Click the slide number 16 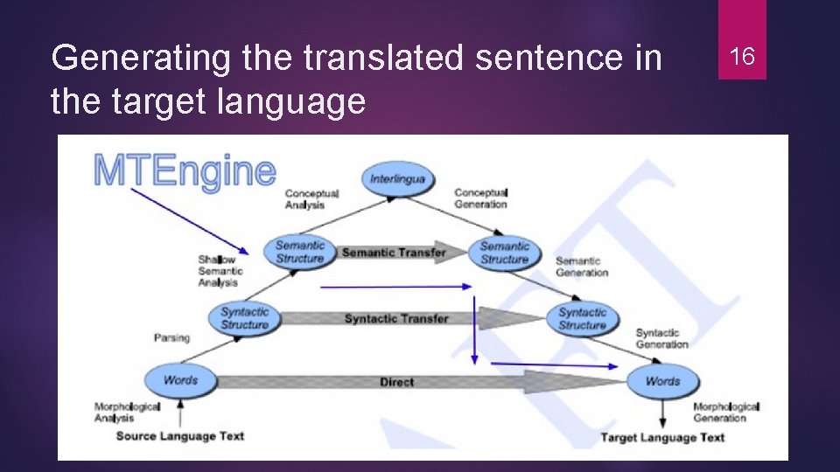[x=742, y=58]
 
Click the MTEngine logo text [x=184, y=170]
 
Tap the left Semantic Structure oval [x=300, y=252]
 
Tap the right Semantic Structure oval [x=505, y=253]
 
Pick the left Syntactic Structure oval [x=245, y=318]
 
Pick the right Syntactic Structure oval [x=582, y=319]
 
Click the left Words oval [x=180, y=380]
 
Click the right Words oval [x=662, y=381]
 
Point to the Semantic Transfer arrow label [x=393, y=253]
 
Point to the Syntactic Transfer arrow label [x=395, y=318]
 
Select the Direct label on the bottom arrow [x=396, y=382]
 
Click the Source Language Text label [x=179, y=436]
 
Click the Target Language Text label [x=662, y=437]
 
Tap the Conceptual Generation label [x=480, y=198]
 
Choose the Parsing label [x=172, y=337]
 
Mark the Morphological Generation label [x=725, y=412]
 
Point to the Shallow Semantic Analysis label [x=220, y=271]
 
